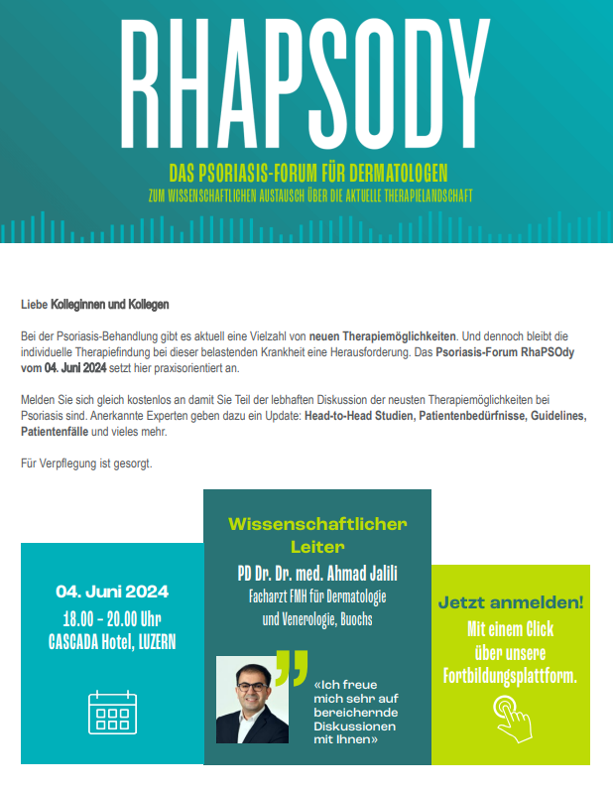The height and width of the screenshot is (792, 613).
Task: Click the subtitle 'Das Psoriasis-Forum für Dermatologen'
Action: [x=306, y=172]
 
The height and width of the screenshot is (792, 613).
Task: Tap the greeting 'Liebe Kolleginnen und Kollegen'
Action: [x=95, y=304]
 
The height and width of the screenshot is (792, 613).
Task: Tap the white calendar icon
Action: [x=111, y=713]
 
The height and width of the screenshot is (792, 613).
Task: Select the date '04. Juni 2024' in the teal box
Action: [x=112, y=592]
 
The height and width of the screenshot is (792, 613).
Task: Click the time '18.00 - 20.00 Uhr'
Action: [x=112, y=617]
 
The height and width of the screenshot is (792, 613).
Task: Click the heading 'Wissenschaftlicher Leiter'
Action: [x=317, y=535]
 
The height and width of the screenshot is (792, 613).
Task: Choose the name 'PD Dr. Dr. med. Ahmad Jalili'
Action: [x=317, y=575]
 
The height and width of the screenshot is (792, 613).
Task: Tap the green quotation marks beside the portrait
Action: [x=291, y=668]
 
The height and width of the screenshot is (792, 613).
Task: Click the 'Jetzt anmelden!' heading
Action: [x=510, y=602]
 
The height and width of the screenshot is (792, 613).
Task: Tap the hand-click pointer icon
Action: [x=512, y=716]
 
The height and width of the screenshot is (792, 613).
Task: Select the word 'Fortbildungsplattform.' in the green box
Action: [x=510, y=677]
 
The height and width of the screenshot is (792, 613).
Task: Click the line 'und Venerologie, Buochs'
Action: [x=317, y=620]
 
